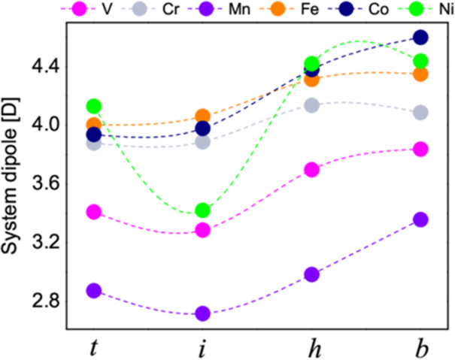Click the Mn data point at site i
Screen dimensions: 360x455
pyautogui.click(x=202, y=313)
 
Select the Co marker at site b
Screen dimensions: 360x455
pyautogui.click(x=420, y=37)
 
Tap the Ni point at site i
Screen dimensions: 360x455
pyautogui.click(x=202, y=210)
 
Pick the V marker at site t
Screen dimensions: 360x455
pyautogui.click(x=94, y=211)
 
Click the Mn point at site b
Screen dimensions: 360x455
pyautogui.click(x=420, y=219)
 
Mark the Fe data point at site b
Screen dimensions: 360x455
pyautogui.click(x=420, y=74)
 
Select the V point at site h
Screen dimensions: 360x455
pyautogui.click(x=311, y=169)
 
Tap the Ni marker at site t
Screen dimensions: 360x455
pyautogui.click(x=94, y=106)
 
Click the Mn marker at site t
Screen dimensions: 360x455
pyautogui.click(x=94, y=291)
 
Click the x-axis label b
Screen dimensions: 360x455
pyautogui.click(x=420, y=345)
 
